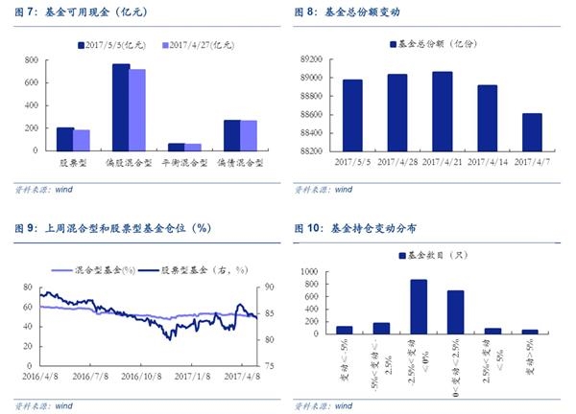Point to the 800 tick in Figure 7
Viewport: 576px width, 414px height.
click(x=32, y=60)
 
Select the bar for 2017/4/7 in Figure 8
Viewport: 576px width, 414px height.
click(x=532, y=132)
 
